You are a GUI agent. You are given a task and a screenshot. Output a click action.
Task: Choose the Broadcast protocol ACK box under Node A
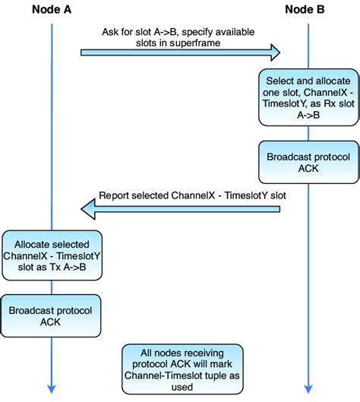tap(50, 316)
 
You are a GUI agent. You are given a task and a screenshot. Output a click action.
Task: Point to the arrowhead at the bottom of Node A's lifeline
tap(51, 390)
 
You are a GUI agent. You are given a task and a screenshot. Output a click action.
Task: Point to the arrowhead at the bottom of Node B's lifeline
tap(308, 390)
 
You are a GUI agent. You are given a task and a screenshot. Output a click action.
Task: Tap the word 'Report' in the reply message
tap(115, 195)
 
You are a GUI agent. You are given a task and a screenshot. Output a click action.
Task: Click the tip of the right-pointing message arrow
tap(280, 52)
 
